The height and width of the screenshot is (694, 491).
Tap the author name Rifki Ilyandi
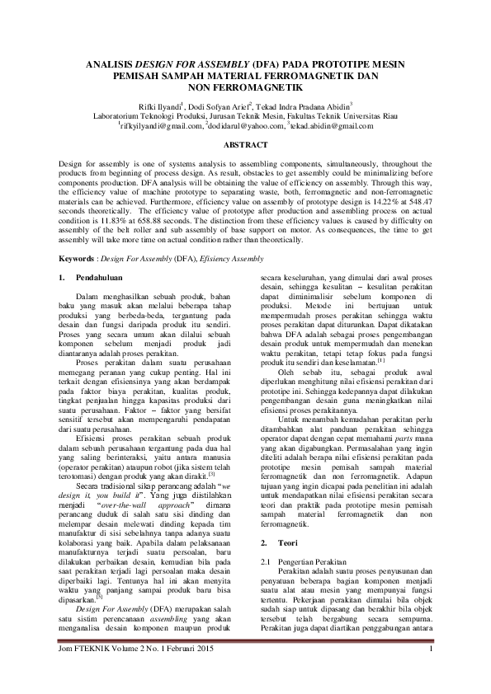coord(182,107)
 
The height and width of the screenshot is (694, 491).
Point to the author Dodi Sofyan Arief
coord(240,107)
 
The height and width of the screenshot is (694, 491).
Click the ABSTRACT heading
coord(245,144)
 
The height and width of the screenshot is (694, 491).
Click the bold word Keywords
coord(76,258)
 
